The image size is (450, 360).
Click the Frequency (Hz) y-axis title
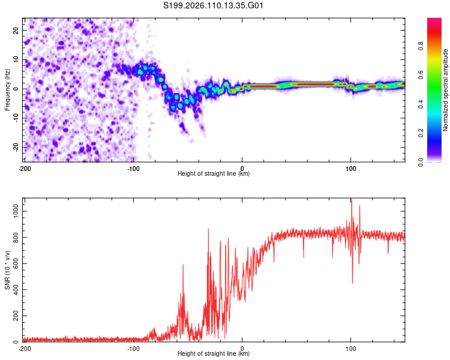point(8,90)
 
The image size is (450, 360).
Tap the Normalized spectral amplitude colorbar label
point(445,90)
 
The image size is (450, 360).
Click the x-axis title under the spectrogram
point(214,174)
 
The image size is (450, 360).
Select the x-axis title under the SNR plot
point(214,354)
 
